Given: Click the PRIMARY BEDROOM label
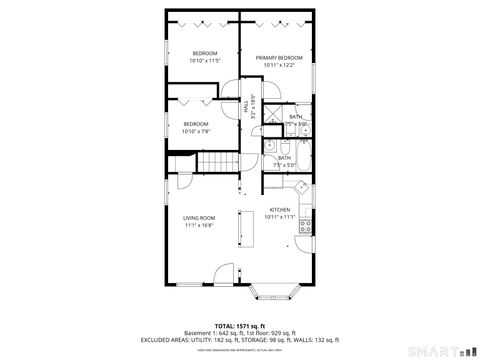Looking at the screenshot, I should [x=279, y=58].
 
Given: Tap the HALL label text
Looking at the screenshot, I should [x=247, y=102].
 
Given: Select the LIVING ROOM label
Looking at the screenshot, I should [x=198, y=217].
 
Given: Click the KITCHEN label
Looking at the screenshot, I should [x=279, y=209].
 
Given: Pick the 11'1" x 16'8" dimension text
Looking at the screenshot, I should [x=198, y=225].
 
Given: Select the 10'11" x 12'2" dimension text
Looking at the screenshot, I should [x=279, y=66].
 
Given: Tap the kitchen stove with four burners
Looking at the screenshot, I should [x=308, y=224].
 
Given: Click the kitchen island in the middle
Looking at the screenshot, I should [x=242, y=229].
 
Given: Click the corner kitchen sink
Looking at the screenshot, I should [x=301, y=186].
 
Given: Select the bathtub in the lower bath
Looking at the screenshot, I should [x=304, y=156].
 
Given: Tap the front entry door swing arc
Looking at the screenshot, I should [x=226, y=272].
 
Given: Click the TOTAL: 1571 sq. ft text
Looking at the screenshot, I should [x=240, y=325].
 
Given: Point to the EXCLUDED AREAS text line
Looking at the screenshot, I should [x=240, y=339].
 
